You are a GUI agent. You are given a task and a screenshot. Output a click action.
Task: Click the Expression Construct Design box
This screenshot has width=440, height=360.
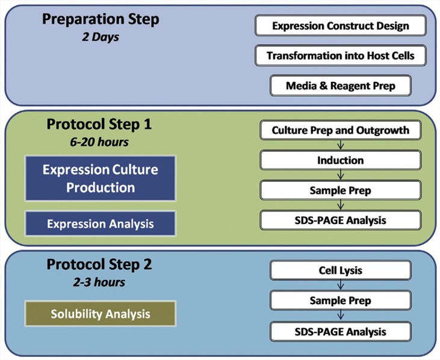point(341,26)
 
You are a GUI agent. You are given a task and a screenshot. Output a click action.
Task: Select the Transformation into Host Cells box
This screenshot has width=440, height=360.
point(341,55)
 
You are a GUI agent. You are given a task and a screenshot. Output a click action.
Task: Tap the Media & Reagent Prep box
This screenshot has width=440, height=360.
point(341,85)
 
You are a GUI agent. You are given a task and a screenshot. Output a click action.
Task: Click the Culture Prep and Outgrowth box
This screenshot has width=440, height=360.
point(341,130)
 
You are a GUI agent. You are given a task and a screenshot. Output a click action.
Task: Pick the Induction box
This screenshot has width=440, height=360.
point(341,160)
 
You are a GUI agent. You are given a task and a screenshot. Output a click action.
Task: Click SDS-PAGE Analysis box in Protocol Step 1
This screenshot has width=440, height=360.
point(341,220)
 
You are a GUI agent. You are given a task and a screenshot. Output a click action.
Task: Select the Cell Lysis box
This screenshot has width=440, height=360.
point(341,270)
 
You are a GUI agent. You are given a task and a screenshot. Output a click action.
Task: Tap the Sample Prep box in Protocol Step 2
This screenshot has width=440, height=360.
point(341,300)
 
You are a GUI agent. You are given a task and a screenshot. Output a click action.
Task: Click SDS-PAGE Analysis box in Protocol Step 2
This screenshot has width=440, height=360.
point(341,331)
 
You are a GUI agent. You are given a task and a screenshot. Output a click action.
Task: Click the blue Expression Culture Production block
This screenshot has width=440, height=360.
point(101,178)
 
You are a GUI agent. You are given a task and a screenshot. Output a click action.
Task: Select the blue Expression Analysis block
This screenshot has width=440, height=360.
point(101,223)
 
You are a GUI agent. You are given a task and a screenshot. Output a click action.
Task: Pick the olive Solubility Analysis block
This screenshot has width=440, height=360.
point(101,314)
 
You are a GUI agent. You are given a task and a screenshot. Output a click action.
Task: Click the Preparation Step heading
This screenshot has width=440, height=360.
point(101,19)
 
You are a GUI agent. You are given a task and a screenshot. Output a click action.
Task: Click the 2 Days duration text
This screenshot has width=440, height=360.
point(101,36)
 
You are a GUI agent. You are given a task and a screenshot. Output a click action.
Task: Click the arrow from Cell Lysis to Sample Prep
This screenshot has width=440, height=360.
point(341,285)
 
